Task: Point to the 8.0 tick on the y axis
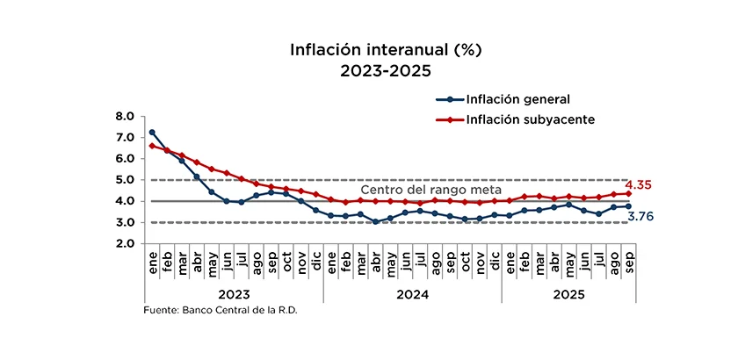tap(125, 116)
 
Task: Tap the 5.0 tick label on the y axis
tap(125, 180)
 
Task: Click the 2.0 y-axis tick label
tap(125, 244)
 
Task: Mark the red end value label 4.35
tap(638, 185)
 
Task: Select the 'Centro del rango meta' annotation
tap(431, 190)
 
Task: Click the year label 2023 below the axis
tap(234, 295)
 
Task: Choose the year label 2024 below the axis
tap(413, 295)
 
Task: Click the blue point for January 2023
tap(152, 133)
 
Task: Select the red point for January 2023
tap(152, 146)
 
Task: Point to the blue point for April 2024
tap(375, 221)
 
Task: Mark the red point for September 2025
tap(628, 194)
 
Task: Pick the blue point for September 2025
tap(628, 206)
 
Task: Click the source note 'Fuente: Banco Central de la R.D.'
tap(221, 312)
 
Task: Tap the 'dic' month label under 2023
tap(315, 261)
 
